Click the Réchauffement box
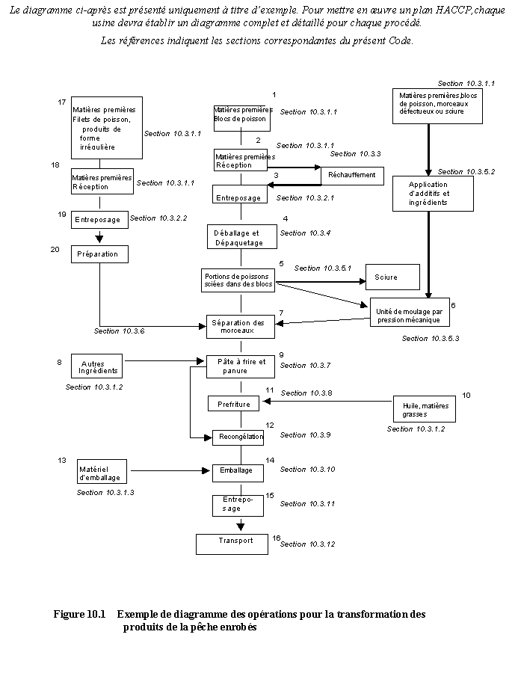[x=352, y=176]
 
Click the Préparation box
[x=100, y=254]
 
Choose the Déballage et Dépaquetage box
[x=236, y=238]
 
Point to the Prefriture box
[x=234, y=404]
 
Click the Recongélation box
[x=238, y=437]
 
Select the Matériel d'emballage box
[x=100, y=473]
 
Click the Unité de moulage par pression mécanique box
[x=410, y=315]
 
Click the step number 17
[x=63, y=102]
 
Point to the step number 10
[x=466, y=394]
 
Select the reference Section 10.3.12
[x=307, y=544]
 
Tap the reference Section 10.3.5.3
[x=431, y=339]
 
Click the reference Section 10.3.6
[x=120, y=331]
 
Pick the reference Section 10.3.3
[x=355, y=154]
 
